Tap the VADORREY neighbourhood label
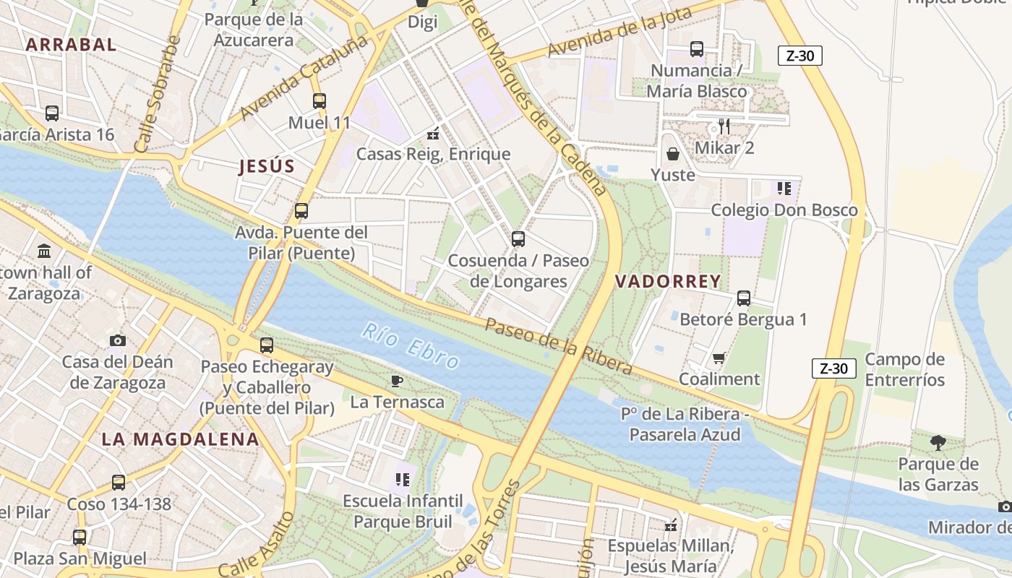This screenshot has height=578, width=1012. click(668, 282)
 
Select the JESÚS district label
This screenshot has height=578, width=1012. click(267, 167)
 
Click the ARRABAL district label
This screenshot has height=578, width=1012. click(71, 45)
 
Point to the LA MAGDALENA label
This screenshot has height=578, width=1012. click(180, 439)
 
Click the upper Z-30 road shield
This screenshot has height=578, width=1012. click(800, 56)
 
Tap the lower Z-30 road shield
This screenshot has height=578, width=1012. click(833, 368)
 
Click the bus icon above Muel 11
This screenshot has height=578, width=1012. click(320, 101)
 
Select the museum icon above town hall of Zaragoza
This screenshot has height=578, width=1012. click(44, 251)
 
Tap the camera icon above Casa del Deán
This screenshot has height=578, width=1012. click(117, 340)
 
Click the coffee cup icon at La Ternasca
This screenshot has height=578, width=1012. click(396, 381)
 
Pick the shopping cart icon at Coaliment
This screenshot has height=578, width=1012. click(719, 358)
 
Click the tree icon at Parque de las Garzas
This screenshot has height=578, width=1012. click(938, 442)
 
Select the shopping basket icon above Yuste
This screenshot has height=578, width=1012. click(673, 154)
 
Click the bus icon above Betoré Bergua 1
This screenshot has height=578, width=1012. click(743, 298)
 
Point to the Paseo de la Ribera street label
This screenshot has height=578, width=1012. click(558, 347)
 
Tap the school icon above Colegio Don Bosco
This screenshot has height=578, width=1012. click(784, 189)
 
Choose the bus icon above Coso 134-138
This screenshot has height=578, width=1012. click(119, 483)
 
